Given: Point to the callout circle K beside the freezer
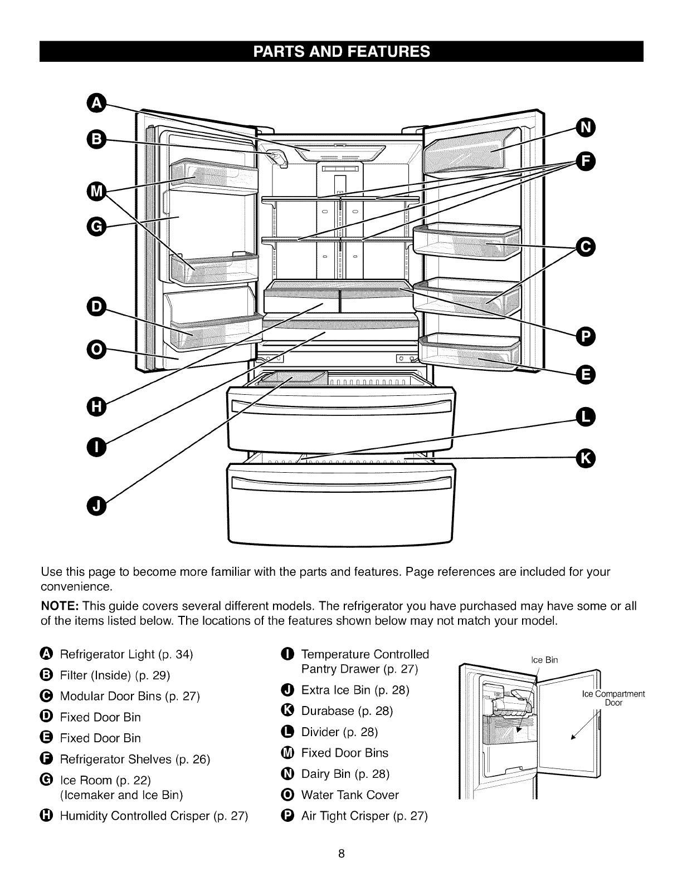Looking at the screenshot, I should (x=586, y=458).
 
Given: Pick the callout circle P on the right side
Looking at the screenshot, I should (x=586, y=336).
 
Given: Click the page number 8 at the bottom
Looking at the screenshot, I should (x=341, y=854).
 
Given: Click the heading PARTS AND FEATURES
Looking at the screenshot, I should (x=341, y=51).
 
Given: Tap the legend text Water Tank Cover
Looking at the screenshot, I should (x=350, y=795).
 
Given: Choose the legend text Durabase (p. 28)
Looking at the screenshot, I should (x=347, y=710).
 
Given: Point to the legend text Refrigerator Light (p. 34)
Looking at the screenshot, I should (x=126, y=654).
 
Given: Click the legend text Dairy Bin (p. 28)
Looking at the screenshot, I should (x=345, y=773).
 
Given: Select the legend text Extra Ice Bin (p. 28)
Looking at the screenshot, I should (x=355, y=690).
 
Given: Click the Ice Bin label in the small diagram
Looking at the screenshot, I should (x=544, y=660).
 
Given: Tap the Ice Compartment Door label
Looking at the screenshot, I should (x=613, y=698).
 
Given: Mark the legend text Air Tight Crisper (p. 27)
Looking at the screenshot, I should (x=364, y=816).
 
